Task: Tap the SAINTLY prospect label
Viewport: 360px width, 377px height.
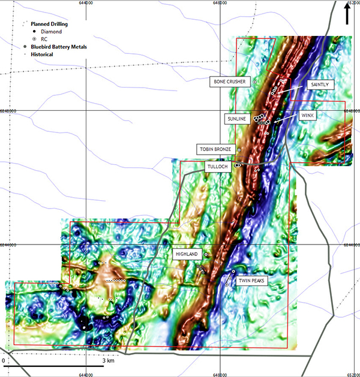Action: tap(319, 85)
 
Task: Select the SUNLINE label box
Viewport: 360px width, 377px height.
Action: tap(236, 119)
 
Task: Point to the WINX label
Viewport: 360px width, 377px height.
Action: tap(308, 115)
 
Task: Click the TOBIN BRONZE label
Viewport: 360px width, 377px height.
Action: tap(213, 149)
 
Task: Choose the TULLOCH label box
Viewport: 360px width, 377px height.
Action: tap(217, 167)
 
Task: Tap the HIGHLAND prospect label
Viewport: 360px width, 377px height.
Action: tap(186, 254)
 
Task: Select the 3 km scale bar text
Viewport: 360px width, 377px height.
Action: tap(108, 361)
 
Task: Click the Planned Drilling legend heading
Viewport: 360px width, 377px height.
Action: tap(49, 24)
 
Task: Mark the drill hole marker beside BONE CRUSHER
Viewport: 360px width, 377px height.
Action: tap(254, 82)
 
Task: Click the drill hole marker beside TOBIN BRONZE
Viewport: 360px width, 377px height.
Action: tap(239, 149)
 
